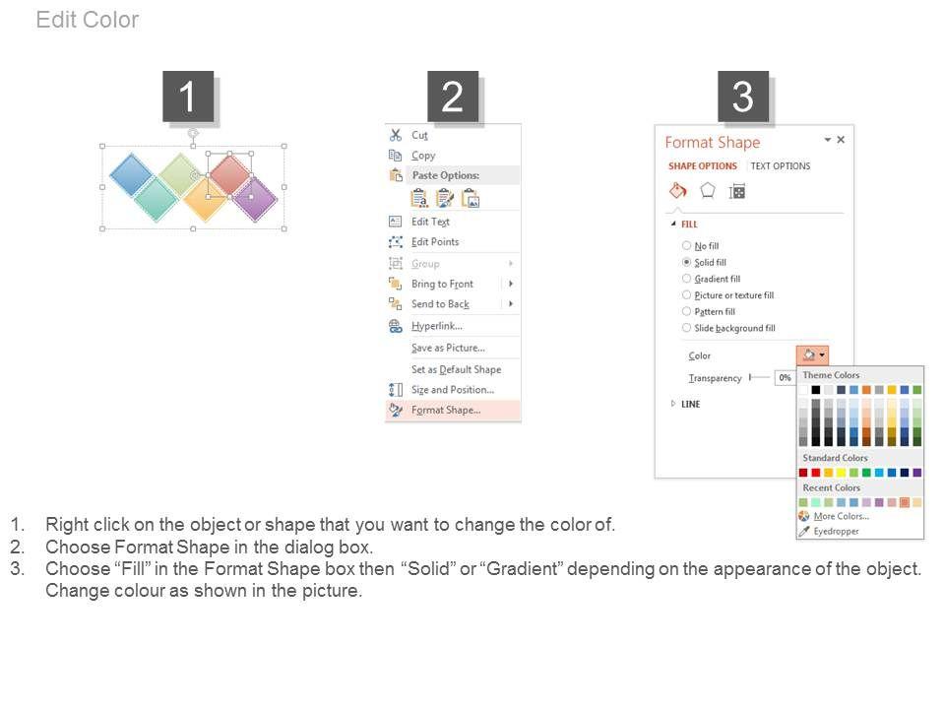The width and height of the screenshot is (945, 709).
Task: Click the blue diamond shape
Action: pos(131,175)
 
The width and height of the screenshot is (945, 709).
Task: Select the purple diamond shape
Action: pos(256,198)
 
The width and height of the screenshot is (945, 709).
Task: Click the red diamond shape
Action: pos(229,175)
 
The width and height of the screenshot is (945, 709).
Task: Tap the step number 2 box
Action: pos(453,97)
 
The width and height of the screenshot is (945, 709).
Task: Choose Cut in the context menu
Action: pos(419,136)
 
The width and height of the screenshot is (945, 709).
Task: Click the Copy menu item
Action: pos(423,156)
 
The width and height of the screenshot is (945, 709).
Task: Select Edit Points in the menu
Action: pos(435,242)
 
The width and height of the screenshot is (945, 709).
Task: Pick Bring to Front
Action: pos(442,284)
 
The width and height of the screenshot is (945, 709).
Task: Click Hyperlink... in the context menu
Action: pos(437,326)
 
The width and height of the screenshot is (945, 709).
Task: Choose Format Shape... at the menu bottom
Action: pos(446,410)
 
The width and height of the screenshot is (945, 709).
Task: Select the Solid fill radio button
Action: pos(686,262)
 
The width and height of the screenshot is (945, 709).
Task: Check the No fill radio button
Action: pos(686,245)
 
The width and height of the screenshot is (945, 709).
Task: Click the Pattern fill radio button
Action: pos(686,311)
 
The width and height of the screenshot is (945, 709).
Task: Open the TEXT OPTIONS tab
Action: pos(781,165)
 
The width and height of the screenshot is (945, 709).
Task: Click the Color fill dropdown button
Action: pos(812,355)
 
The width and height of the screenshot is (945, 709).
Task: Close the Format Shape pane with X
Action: pos(841,140)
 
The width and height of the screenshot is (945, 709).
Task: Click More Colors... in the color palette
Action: pos(842,516)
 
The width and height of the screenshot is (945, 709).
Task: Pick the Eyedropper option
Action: pos(836,531)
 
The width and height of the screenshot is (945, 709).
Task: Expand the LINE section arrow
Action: pos(673,404)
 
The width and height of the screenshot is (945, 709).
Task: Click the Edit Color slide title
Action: pos(88,20)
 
